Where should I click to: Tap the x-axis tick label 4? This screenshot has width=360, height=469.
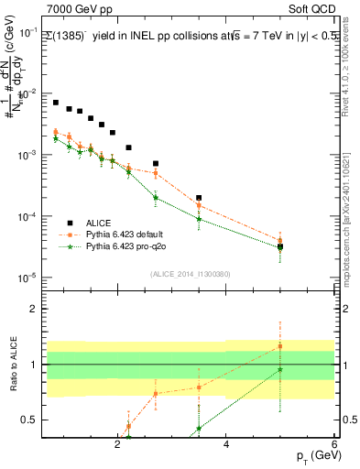tap(226, 444)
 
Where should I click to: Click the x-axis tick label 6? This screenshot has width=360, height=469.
tap(334, 444)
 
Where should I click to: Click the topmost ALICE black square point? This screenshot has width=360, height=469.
tap(56, 103)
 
